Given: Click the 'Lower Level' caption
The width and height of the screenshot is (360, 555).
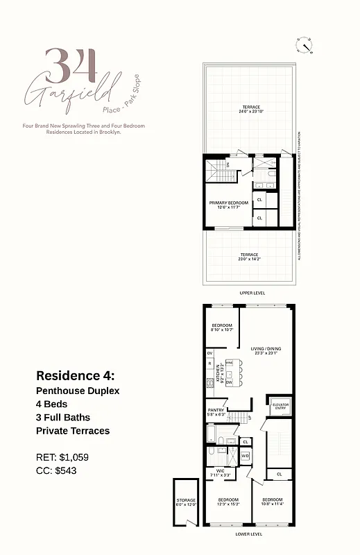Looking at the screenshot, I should click(x=248, y=534).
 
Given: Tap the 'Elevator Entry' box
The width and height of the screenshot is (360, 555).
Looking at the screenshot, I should click(x=280, y=406).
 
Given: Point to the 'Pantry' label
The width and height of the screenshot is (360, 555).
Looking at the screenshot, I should click(x=215, y=411).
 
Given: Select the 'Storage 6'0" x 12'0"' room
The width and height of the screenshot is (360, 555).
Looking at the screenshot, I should click(x=185, y=502).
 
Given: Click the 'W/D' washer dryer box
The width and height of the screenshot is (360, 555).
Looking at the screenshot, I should click(x=245, y=456).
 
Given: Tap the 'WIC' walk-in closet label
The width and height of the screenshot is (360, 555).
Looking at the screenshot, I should click(x=218, y=474).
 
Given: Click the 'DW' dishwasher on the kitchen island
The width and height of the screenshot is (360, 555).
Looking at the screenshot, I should click(x=229, y=382).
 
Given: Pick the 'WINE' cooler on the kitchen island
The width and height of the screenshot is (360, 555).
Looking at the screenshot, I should click(x=229, y=363).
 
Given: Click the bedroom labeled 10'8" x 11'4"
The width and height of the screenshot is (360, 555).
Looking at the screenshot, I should click(x=273, y=502).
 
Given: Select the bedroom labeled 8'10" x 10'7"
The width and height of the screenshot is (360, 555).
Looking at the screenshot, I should click(x=222, y=327).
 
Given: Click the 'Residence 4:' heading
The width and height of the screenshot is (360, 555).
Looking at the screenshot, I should click(x=75, y=375).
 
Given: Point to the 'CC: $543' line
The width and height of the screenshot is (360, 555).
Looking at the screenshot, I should click(x=56, y=470).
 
